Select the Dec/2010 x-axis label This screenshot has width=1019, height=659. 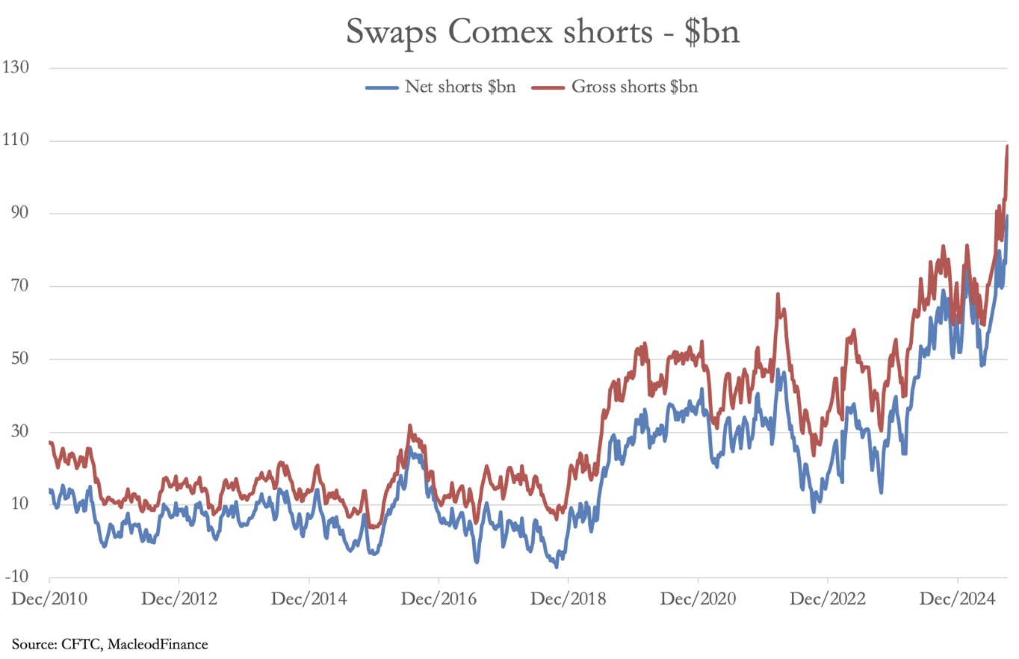pyautogui.click(x=49, y=599)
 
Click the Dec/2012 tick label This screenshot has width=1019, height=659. pyautogui.click(x=179, y=599)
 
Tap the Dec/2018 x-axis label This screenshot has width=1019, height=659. pyautogui.click(x=569, y=599)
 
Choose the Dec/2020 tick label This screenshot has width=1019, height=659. pyautogui.click(x=699, y=599)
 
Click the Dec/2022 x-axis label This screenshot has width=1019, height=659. pyautogui.click(x=828, y=599)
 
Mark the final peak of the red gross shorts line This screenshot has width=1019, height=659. pyautogui.click(x=1007, y=146)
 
